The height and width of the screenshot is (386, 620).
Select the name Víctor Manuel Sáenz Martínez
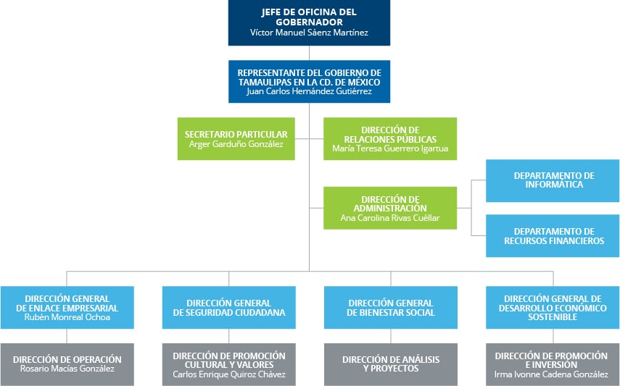tap(309, 33)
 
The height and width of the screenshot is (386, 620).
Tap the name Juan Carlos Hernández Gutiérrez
tap(309, 91)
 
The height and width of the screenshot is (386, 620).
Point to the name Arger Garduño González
tap(236, 144)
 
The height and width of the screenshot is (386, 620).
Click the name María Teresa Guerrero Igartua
tap(390, 148)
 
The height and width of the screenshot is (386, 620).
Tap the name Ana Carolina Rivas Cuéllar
tap(390, 217)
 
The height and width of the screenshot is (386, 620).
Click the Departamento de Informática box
tap(553, 180)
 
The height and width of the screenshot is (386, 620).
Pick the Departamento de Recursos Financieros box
tap(553, 236)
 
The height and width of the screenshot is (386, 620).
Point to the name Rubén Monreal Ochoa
tap(67, 317)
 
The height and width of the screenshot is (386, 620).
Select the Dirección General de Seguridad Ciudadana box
tap(228, 308)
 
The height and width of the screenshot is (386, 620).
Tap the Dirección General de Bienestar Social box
tap(390, 308)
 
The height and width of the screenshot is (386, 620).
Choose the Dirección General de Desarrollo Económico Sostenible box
tap(553, 308)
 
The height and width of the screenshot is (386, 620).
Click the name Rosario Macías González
tap(67, 369)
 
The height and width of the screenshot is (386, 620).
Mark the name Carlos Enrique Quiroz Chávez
tap(228, 374)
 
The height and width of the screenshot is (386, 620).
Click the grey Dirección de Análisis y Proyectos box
tap(390, 364)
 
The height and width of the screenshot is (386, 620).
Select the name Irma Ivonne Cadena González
tap(552, 374)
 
